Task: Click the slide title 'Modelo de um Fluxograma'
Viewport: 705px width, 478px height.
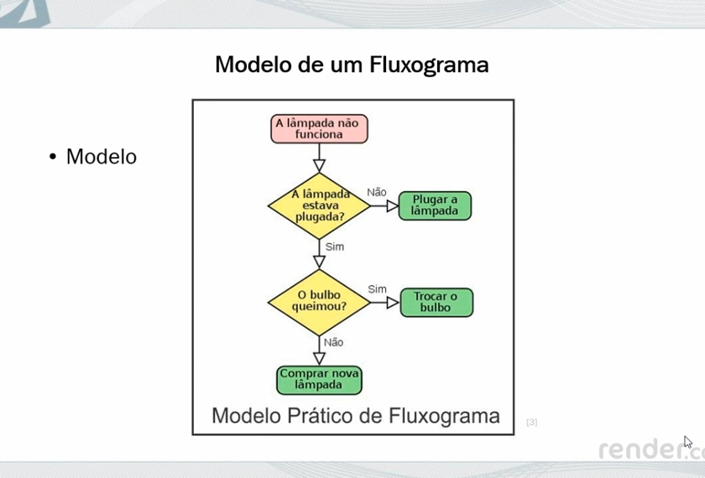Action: pos(352,65)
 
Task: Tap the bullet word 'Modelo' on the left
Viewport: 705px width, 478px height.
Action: pos(101,157)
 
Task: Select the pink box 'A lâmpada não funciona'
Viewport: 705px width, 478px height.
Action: pos(319,128)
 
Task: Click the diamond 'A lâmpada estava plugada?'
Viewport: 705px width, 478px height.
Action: pos(319,205)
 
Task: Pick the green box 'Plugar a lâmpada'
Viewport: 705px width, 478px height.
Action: pos(435,205)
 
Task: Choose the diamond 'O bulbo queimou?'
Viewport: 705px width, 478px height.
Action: pos(319,301)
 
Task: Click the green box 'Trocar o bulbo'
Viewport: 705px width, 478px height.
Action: pos(436,302)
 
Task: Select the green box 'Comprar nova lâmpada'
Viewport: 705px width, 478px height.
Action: pos(319,380)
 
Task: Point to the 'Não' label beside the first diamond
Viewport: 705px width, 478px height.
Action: pos(377,193)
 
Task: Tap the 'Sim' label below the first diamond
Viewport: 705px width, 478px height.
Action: pos(334,247)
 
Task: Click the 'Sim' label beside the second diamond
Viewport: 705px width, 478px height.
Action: pos(377,289)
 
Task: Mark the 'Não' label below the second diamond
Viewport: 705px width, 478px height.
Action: pos(333,342)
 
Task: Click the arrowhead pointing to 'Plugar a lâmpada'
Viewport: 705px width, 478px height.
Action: pos(392,205)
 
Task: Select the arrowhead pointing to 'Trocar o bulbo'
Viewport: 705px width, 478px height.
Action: pos(392,302)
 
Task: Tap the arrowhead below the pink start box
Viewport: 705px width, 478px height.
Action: pos(319,164)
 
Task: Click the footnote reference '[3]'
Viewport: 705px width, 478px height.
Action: pos(531,422)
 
